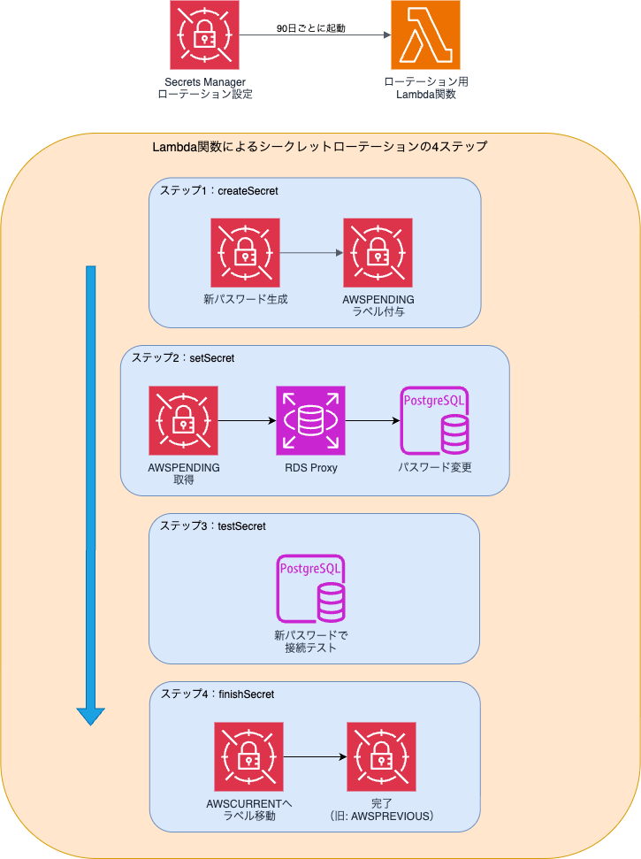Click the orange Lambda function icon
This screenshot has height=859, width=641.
[x=425, y=35]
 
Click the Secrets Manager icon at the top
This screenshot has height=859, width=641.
[x=204, y=35]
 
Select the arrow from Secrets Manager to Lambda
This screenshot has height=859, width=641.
[x=315, y=35]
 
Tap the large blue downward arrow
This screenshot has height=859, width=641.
[x=90, y=495]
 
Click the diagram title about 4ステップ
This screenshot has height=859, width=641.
[x=320, y=147]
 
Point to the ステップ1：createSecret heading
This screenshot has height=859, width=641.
[x=218, y=190]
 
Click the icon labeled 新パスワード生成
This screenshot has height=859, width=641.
[x=245, y=252]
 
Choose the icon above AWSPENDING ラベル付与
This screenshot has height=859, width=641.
[x=378, y=252]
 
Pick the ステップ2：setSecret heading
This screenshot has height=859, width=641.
[x=183, y=357]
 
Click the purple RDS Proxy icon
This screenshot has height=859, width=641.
[x=310, y=420]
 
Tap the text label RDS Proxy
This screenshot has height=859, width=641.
[x=310, y=467]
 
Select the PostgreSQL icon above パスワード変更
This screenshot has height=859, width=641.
[x=435, y=420]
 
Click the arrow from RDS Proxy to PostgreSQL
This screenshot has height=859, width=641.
[x=372, y=420]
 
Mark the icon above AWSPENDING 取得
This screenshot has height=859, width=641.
[x=184, y=420]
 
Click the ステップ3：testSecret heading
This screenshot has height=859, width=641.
[x=212, y=525]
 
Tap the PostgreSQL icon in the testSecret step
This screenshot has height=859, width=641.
[x=311, y=589]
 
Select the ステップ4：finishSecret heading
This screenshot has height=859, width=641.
[x=217, y=694]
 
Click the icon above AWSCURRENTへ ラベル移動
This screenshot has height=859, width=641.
[x=248, y=756]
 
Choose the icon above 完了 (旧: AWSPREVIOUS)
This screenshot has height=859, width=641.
[x=381, y=756]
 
